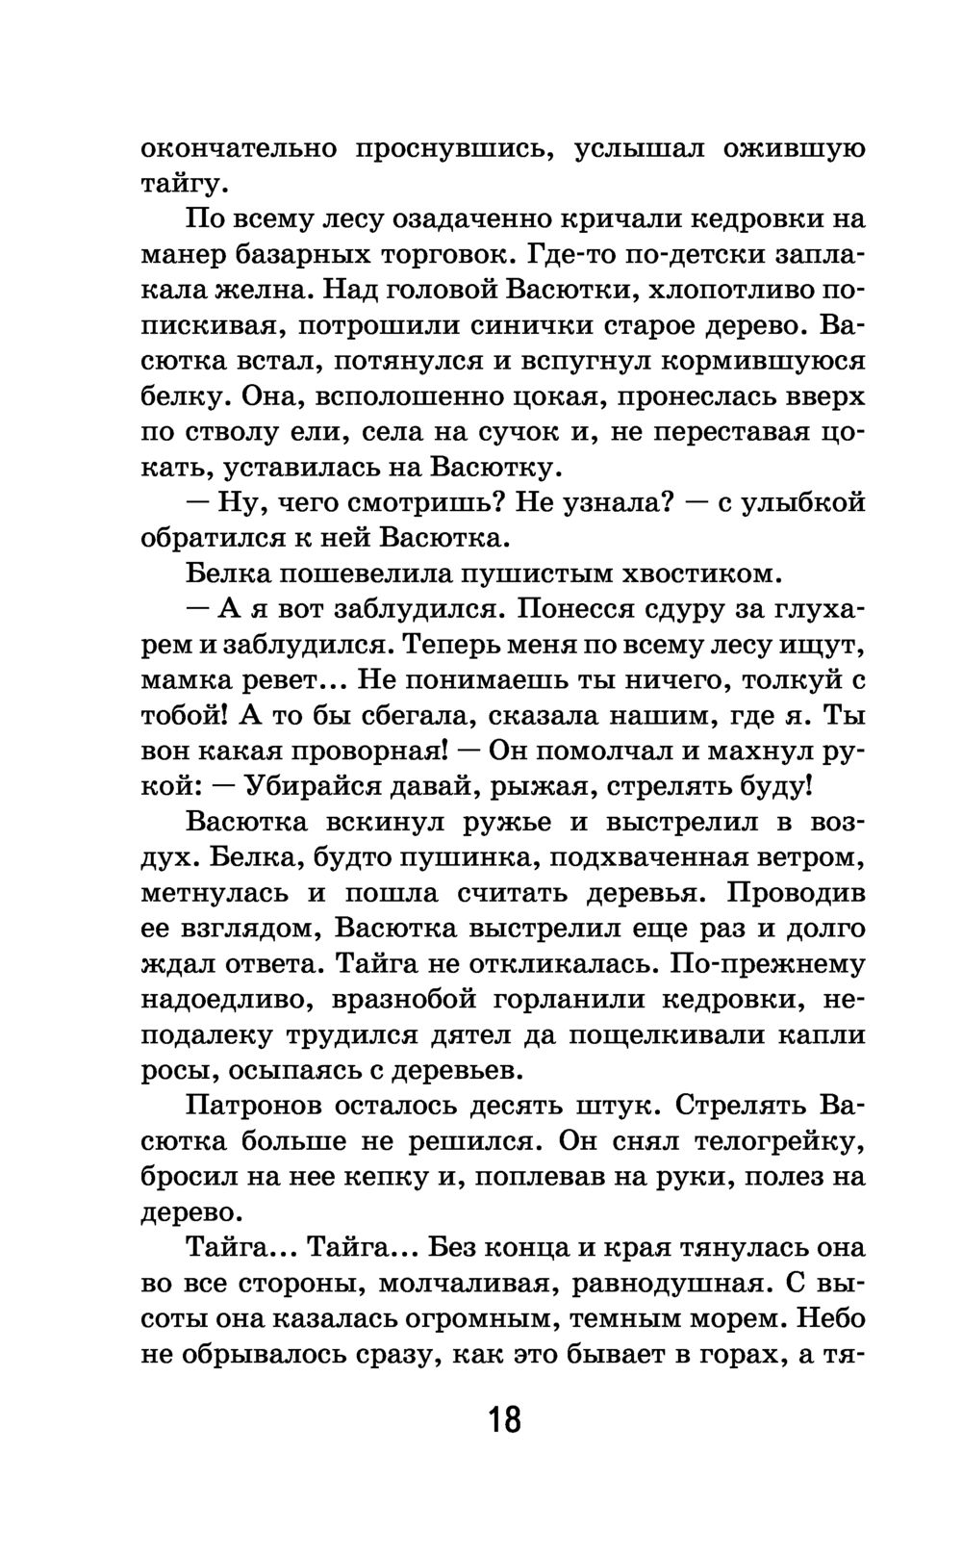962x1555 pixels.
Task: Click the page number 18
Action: click(x=504, y=1418)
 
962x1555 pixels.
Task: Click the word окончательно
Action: click(x=239, y=148)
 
